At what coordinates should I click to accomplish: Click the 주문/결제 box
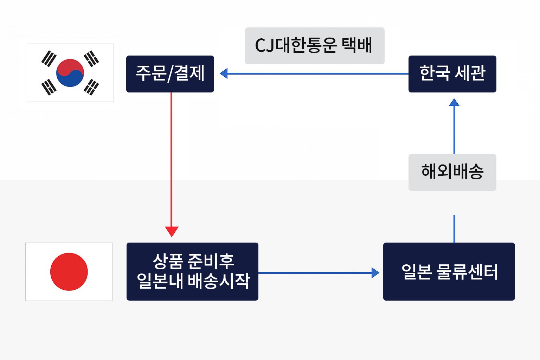click(x=170, y=74)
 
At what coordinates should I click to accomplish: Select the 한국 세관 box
click(x=452, y=74)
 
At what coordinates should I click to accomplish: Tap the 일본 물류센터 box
click(x=449, y=271)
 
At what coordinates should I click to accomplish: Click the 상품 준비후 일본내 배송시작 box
click(x=192, y=271)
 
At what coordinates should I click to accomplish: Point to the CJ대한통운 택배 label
click(x=314, y=46)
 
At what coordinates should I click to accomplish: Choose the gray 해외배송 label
click(x=452, y=172)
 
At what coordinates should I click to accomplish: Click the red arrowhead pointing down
click(x=172, y=231)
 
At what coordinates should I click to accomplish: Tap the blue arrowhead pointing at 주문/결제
click(x=224, y=73)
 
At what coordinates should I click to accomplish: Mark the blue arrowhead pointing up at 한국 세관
click(x=454, y=103)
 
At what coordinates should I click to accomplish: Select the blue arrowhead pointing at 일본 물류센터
click(x=375, y=273)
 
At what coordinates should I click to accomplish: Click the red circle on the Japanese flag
click(x=69, y=272)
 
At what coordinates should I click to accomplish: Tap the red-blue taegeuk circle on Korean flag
click(x=70, y=73)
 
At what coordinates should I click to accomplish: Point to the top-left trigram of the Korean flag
click(x=49, y=58)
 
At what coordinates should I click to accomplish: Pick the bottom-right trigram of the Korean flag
click(x=91, y=87)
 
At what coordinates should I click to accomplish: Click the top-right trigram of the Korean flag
click(x=91, y=58)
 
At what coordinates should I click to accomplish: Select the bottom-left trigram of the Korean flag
click(x=49, y=87)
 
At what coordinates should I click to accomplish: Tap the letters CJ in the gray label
click(x=264, y=46)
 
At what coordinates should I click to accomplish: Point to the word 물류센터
click(x=467, y=272)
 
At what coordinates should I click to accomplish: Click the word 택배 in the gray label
click(x=357, y=46)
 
